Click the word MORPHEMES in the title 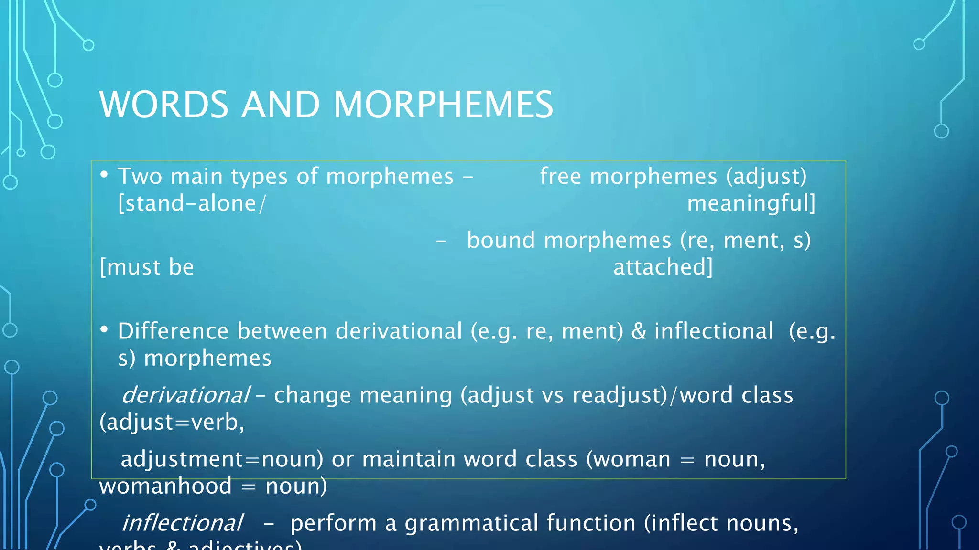(443, 105)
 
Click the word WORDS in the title (164, 105)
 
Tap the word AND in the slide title (281, 105)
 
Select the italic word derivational (186, 395)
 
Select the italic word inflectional (183, 523)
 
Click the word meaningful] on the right (751, 204)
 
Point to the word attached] (663, 267)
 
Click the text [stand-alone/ (192, 204)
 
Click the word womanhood (165, 487)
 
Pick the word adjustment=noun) (222, 459)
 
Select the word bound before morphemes (500, 240)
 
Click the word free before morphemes (560, 177)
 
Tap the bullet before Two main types (104, 175)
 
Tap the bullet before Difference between (104, 329)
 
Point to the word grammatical (471, 523)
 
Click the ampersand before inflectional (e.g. (639, 331)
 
